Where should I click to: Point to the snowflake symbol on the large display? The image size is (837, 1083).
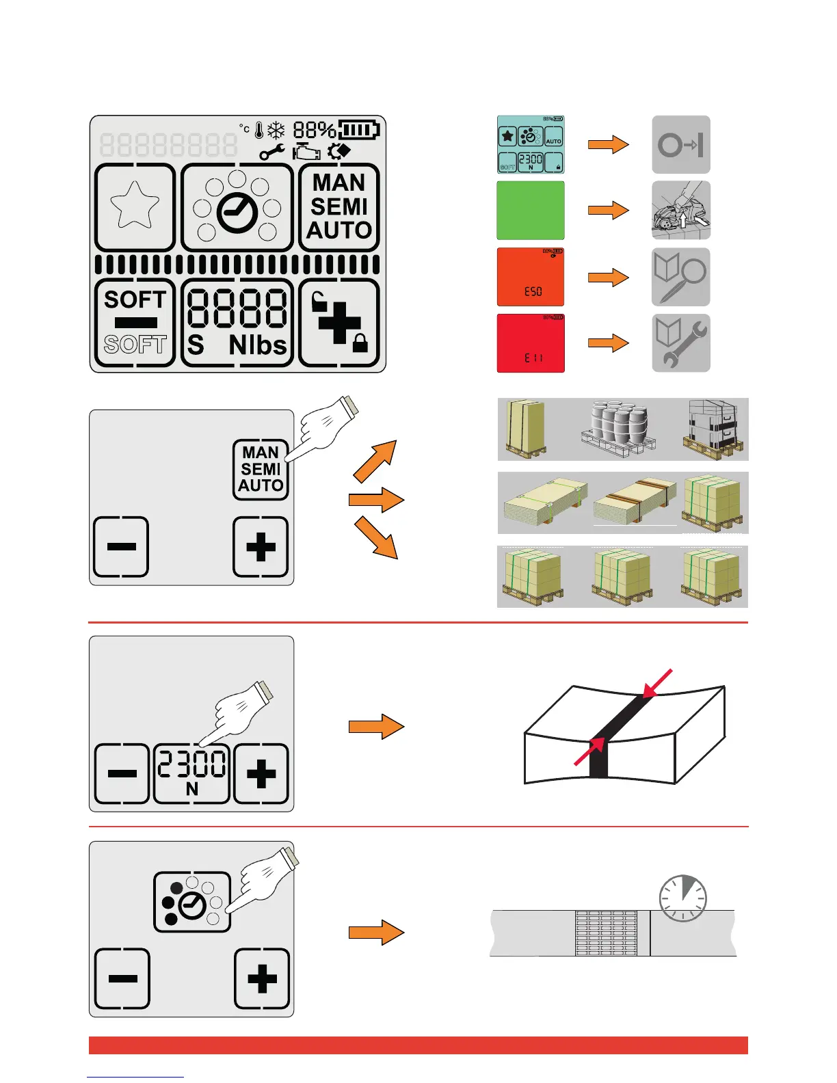tap(276, 130)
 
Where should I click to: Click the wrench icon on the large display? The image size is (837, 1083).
tap(272, 152)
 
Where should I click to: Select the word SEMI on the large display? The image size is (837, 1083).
tap(339, 206)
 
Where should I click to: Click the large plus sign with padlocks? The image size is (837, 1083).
tap(340, 323)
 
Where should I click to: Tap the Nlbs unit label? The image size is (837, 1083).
tap(258, 345)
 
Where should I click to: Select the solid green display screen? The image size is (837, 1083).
tap(531, 210)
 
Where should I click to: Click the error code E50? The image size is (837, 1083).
tap(533, 291)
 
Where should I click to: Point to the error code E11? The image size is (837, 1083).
tap(533, 358)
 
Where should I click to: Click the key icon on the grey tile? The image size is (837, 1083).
tap(681, 145)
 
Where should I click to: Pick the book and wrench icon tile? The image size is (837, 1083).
tap(681, 343)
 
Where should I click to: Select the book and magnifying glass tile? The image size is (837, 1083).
tap(681, 277)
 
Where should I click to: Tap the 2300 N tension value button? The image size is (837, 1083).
tap(191, 773)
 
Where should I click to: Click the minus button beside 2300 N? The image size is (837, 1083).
tap(122, 773)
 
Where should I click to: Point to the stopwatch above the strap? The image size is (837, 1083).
tap(682, 898)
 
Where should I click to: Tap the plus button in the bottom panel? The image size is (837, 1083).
tap(262, 978)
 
